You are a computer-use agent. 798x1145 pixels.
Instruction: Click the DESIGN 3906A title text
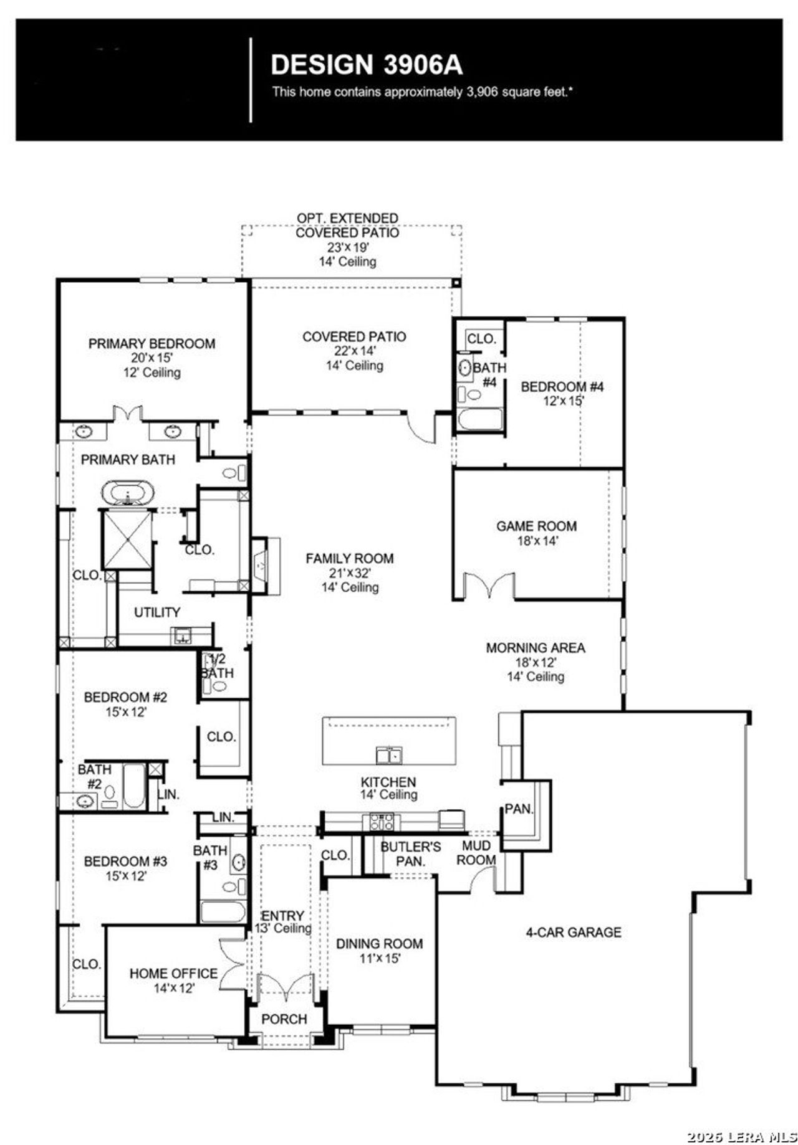[367, 65]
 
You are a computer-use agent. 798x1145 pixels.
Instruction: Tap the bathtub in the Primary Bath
[128, 493]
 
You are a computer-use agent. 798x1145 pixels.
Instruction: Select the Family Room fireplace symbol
[261, 566]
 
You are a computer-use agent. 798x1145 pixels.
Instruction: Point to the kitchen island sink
[388, 756]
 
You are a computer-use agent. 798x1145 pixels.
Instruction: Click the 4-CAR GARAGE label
[573, 933]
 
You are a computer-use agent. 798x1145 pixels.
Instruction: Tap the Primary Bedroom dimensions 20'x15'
[151, 358]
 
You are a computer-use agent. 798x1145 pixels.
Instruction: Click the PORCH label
[284, 1019]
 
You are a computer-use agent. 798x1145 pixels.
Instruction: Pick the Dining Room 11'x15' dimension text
[379, 959]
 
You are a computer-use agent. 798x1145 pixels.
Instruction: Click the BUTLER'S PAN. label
[410, 854]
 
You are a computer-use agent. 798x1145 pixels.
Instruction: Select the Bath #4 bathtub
[480, 419]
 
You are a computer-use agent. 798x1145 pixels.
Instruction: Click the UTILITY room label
[157, 612]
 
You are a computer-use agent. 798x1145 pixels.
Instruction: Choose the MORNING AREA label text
[536, 648]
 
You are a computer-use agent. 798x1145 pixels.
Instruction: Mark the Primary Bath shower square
[127, 539]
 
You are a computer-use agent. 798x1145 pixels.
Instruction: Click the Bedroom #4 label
[562, 387]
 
